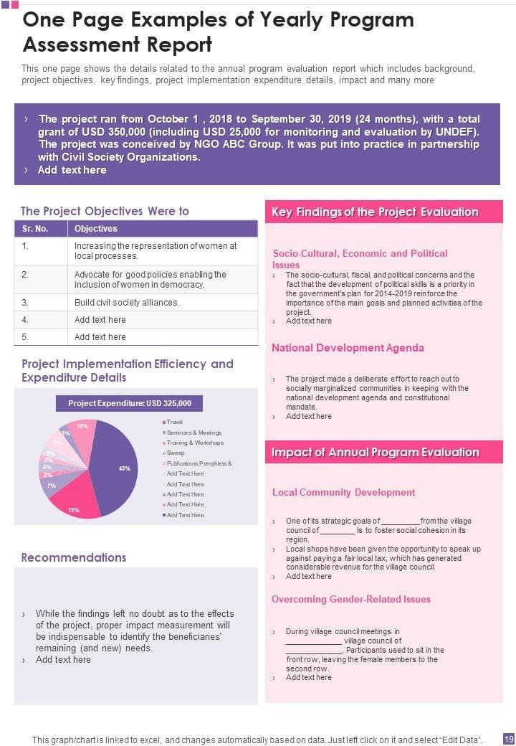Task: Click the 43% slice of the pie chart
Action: coord(115,466)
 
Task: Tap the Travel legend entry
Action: coord(174,422)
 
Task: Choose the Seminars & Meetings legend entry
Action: coord(193,433)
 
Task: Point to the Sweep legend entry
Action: coord(176,453)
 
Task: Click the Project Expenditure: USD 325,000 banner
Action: coord(135,403)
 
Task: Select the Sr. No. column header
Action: coord(35,229)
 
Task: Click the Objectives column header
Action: coord(95,229)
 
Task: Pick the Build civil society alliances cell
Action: coord(127,303)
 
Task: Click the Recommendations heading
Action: coord(74,557)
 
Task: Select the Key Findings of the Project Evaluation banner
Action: coord(375,212)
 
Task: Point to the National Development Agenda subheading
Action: coord(348,348)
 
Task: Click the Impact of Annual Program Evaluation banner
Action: coord(375,452)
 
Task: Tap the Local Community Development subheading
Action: coord(343,492)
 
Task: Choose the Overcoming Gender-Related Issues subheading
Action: coord(351,599)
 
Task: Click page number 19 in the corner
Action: coord(508,739)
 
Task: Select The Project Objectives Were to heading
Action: coord(105,211)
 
